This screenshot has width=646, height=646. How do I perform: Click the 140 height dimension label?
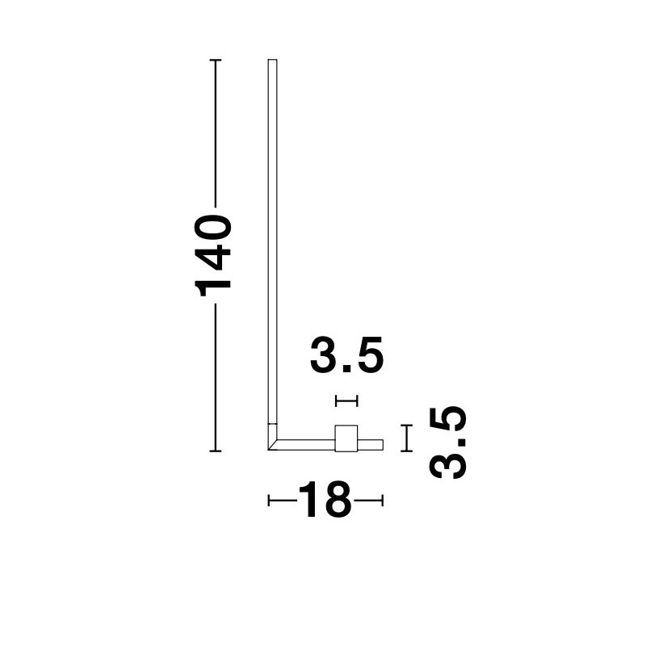(213, 255)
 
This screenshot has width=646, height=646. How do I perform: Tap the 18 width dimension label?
(325, 500)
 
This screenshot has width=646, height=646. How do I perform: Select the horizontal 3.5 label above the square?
(347, 355)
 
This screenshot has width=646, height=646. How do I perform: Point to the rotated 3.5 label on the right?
(448, 443)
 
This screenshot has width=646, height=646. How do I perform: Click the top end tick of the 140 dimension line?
(216, 60)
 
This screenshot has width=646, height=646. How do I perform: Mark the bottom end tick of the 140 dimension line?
(216, 451)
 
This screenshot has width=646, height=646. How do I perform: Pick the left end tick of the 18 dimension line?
(269, 501)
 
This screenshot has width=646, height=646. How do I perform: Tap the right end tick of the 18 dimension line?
(383, 501)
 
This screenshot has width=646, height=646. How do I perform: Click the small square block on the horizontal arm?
(346, 438)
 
